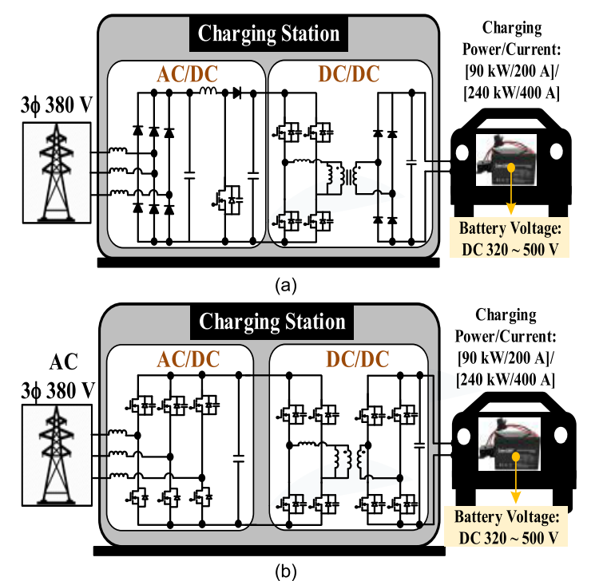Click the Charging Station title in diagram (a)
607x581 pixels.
(x=269, y=34)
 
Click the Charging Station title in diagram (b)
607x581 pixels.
(x=272, y=322)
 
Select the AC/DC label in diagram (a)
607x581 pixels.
(x=185, y=73)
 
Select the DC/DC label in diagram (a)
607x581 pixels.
(x=348, y=73)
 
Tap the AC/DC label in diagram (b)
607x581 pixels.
(x=186, y=358)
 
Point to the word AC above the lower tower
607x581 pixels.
(x=63, y=362)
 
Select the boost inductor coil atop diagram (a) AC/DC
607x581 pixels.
(x=208, y=93)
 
